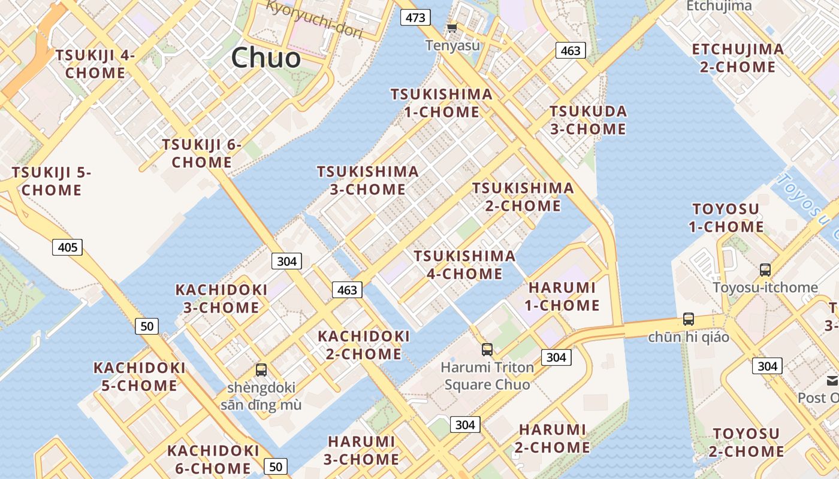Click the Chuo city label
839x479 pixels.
click(x=265, y=58)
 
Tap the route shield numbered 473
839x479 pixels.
click(x=415, y=17)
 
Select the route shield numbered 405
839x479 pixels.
click(x=67, y=247)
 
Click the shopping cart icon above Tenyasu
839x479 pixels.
click(x=452, y=28)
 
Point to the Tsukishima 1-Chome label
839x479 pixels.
click(x=442, y=103)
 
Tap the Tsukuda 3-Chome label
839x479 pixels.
click(x=588, y=120)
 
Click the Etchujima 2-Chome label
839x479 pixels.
click(x=738, y=57)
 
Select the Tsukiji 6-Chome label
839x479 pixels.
click(x=201, y=153)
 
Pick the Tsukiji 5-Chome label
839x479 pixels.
click(x=52, y=181)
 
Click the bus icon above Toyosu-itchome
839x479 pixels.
click(x=765, y=269)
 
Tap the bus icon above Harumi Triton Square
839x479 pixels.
click(x=487, y=349)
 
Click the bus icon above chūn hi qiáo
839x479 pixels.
click(x=689, y=319)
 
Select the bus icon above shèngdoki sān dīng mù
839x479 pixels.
click(x=261, y=369)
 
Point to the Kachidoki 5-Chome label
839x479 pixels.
click(x=139, y=376)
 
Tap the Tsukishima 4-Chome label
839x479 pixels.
click(x=464, y=265)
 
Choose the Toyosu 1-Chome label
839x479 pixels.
click(x=726, y=218)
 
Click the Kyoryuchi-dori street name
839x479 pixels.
click(x=314, y=19)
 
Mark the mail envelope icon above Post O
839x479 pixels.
click(x=832, y=381)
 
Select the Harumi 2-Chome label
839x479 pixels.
click(x=552, y=438)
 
